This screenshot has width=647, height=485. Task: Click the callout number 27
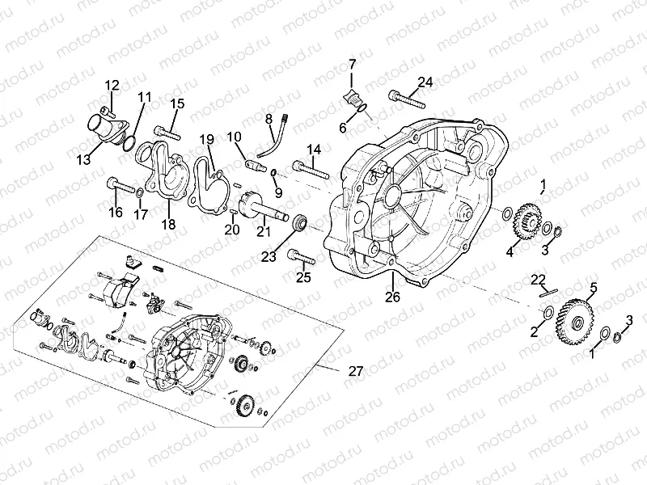click(355, 371)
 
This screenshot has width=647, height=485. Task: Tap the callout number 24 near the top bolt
click(425, 81)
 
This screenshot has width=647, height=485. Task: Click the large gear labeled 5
click(576, 320)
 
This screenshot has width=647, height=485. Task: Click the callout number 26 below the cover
click(393, 297)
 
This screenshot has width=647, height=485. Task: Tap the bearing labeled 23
click(300, 221)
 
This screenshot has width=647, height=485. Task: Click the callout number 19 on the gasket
click(206, 138)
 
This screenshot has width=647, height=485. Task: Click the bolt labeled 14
click(308, 169)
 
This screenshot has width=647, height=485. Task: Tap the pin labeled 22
click(547, 294)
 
